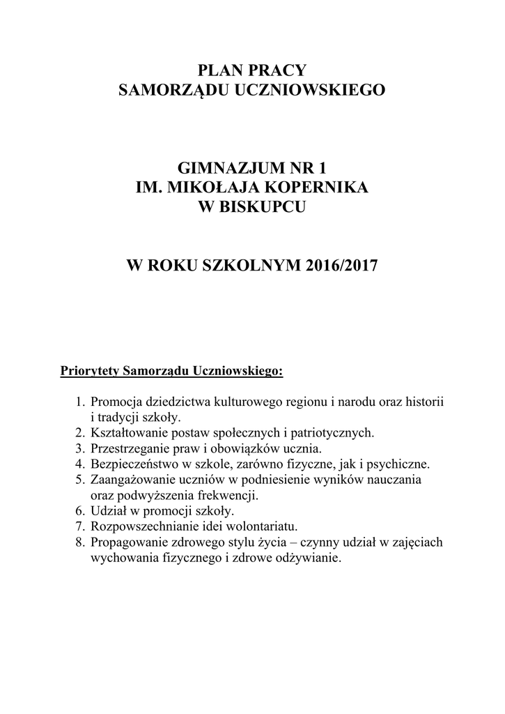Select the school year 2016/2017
341,266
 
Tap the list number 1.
79,403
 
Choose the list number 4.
79,464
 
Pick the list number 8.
79,542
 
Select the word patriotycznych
334,433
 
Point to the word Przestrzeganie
130,448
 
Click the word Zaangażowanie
132,480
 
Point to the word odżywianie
310,558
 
